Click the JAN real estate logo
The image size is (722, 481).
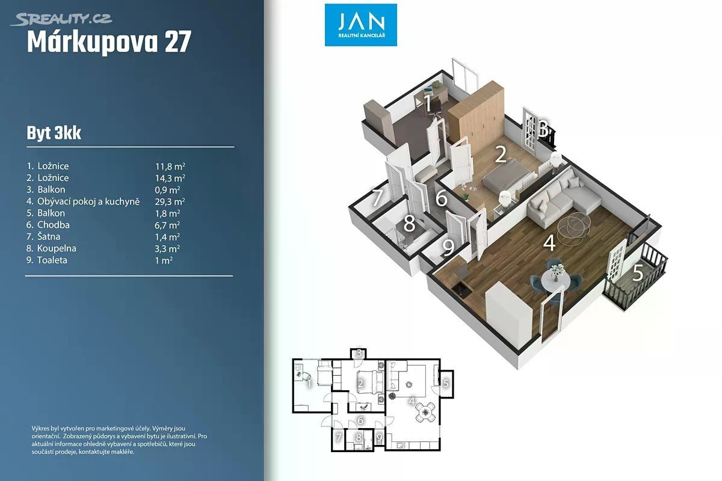click(360, 25)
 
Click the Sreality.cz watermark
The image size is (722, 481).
click(61, 19)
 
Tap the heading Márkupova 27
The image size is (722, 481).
click(109, 42)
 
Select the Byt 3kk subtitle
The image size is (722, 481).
click(54, 133)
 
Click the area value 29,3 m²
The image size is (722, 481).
click(170, 201)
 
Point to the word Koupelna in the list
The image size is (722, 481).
click(57, 248)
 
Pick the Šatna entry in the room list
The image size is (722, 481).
click(49, 236)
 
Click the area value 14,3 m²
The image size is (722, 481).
click(170, 178)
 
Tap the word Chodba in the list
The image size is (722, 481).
click(53, 225)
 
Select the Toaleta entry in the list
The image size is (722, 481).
click(52, 260)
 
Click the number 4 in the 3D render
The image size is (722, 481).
click(549, 243)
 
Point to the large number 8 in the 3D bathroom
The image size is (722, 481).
click(409, 223)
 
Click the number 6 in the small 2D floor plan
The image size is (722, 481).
click(360, 420)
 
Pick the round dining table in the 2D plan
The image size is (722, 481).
click(425, 412)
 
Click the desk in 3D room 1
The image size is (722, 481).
click(431, 96)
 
